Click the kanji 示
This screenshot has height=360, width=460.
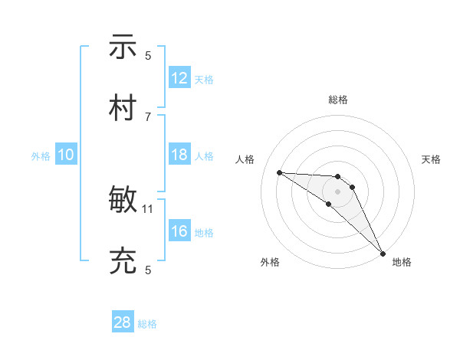click(123, 47)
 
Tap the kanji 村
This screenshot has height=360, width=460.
click(123, 108)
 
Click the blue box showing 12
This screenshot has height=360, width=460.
click(179, 78)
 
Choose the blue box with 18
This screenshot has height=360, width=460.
click(179, 155)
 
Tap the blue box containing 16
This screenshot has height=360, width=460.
click(179, 231)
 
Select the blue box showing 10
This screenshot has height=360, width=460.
click(66, 155)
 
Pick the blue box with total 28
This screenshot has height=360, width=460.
click(123, 322)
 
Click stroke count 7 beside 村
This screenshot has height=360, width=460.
click(148, 116)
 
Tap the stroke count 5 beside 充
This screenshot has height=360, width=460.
click(148, 270)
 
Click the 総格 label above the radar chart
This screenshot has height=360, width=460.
click(338, 100)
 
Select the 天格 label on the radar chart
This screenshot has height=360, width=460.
click(431, 159)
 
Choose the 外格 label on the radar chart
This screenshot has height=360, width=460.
click(270, 262)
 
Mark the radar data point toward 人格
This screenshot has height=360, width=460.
click(279, 172)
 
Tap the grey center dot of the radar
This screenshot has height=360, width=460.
click(338, 191)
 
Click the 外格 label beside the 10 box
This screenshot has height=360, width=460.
click(40, 155)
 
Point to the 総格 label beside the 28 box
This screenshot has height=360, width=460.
click(147, 324)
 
